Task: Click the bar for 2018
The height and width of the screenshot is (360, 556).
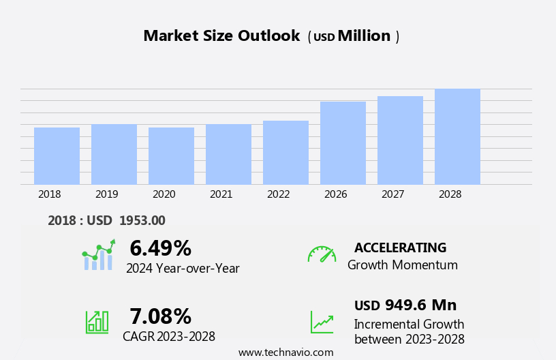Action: click(x=57, y=156)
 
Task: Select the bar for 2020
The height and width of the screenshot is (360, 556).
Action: click(x=171, y=156)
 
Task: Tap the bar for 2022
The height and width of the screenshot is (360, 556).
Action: click(x=285, y=153)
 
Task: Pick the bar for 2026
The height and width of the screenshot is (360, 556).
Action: click(x=343, y=143)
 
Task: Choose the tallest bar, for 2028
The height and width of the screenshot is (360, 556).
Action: click(x=457, y=137)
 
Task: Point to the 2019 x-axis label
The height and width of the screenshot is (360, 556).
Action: click(x=106, y=194)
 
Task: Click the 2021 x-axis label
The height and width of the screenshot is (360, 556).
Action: click(x=221, y=194)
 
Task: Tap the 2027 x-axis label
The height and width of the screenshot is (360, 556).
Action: click(x=392, y=194)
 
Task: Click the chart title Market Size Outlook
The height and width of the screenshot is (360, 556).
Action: click(x=221, y=36)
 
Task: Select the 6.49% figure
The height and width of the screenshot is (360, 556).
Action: click(x=160, y=248)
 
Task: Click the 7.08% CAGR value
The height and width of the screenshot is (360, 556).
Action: click(x=160, y=316)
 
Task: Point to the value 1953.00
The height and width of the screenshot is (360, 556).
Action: click(x=142, y=221)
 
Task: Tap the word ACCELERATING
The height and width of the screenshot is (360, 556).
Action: click(x=400, y=248)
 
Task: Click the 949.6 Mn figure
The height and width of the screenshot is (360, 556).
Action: click(x=420, y=305)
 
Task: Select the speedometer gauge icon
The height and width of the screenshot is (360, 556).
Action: click(x=322, y=254)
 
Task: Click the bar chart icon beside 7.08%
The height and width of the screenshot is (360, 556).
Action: click(x=97, y=322)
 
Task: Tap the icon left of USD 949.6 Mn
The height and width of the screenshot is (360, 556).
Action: click(x=322, y=322)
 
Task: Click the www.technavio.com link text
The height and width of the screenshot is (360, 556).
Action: click(x=285, y=352)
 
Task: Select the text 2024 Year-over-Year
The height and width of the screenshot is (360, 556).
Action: click(x=183, y=269)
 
